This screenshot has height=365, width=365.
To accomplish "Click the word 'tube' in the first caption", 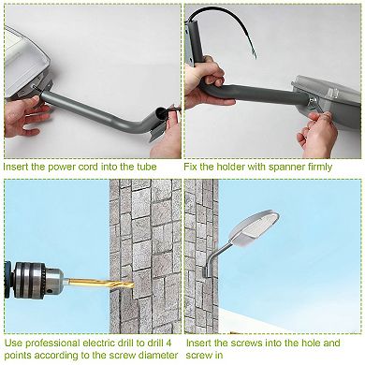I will [161, 166].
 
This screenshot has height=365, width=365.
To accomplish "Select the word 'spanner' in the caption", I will [290, 166].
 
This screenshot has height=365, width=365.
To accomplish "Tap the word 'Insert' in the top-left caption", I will [20, 166].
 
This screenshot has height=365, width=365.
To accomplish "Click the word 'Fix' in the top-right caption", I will [192, 166].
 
